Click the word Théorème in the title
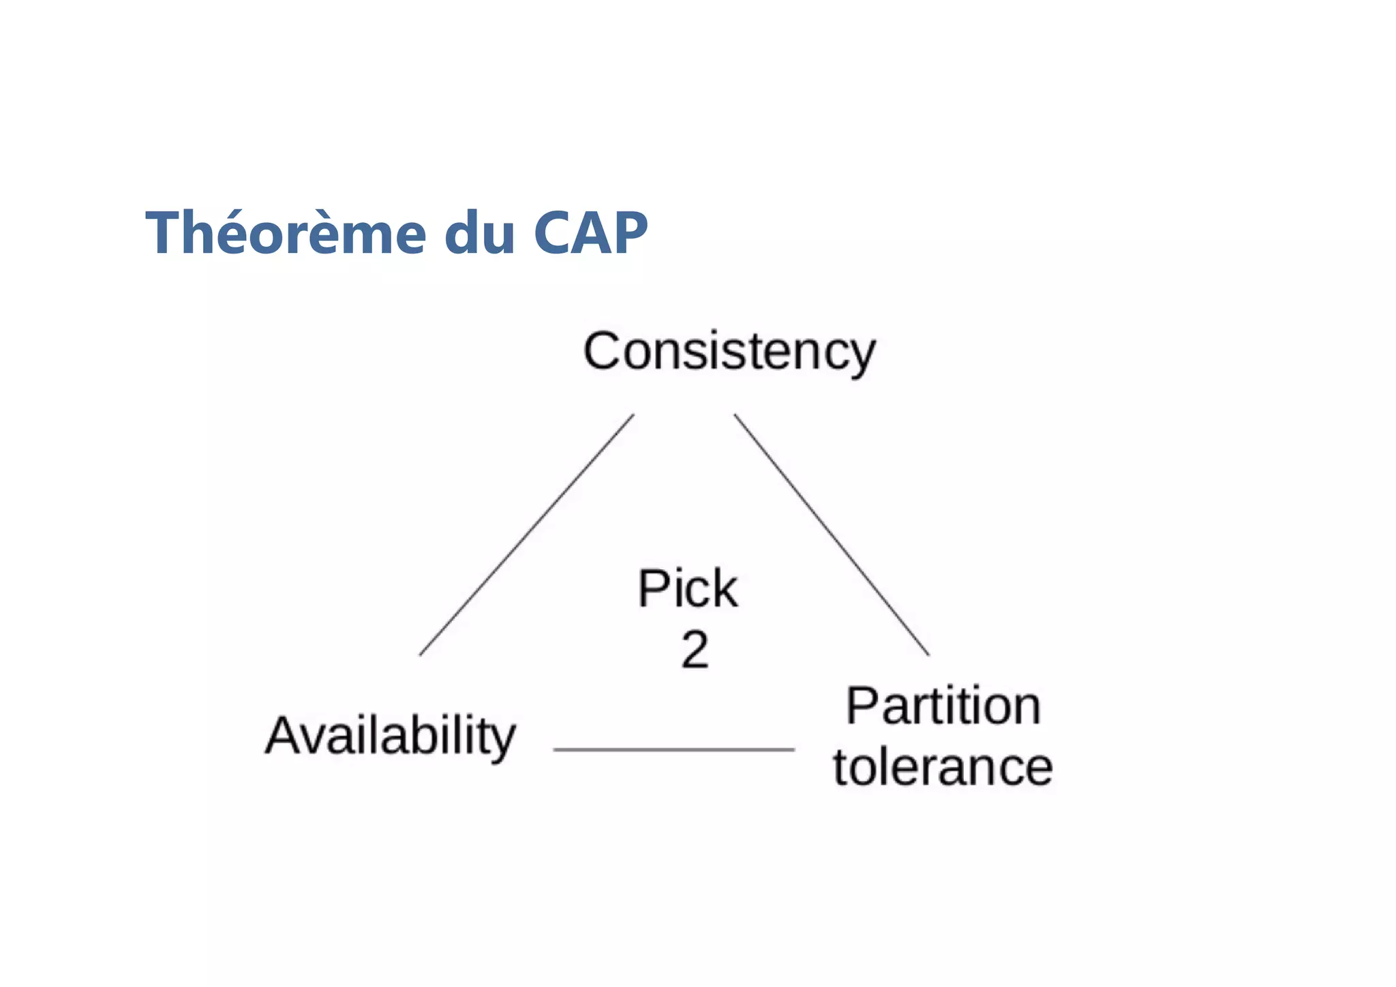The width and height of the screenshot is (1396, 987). (286, 233)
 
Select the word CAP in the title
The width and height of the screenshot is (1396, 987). (590, 233)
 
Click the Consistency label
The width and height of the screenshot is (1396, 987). (729, 352)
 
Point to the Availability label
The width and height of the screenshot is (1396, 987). (391, 736)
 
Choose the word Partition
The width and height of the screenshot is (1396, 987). (943, 706)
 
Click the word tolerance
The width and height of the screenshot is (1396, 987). (943, 768)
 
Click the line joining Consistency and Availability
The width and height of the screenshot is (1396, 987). (526, 535)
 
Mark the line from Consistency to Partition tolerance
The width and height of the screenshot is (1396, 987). (832, 535)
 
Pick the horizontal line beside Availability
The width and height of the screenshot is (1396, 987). (673, 749)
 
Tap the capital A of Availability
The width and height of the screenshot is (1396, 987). (284, 735)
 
